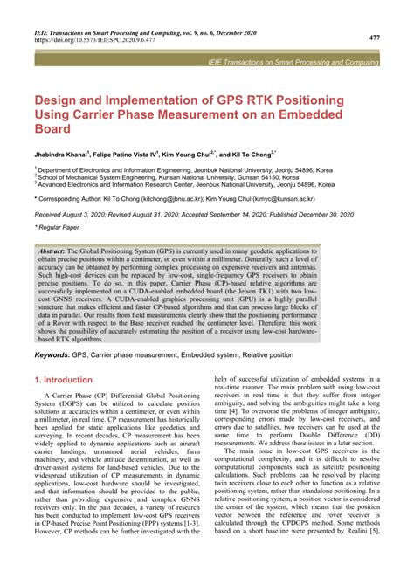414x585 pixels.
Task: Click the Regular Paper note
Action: click(61, 228)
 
